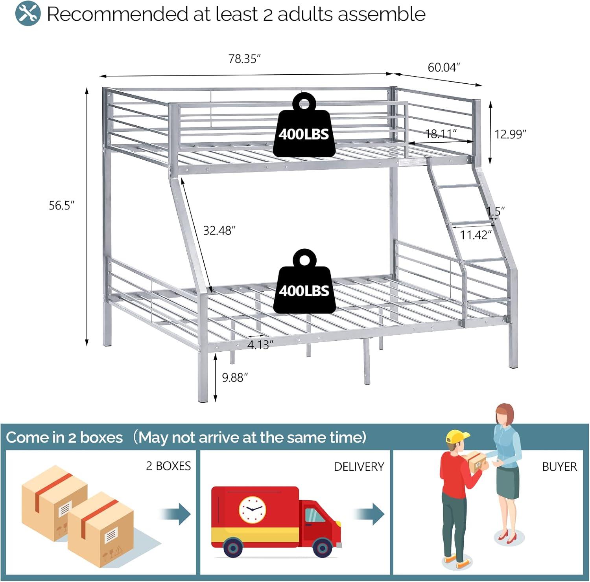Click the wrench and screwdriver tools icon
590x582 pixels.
(x=28, y=13)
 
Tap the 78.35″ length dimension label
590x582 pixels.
(x=245, y=59)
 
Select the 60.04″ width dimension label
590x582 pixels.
(x=444, y=68)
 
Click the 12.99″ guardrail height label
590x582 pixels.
(x=510, y=134)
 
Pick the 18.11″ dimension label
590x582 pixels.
(x=441, y=134)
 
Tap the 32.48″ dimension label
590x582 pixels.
(x=219, y=230)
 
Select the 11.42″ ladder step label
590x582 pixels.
(x=476, y=235)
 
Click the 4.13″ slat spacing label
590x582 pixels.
(x=260, y=345)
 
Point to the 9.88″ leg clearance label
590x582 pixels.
(x=235, y=378)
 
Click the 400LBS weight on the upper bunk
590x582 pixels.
(x=304, y=125)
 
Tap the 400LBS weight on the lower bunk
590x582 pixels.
(x=304, y=281)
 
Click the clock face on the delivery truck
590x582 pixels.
(x=252, y=510)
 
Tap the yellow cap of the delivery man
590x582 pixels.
(x=457, y=436)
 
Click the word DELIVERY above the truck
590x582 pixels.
(x=359, y=466)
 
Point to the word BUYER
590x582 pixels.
(x=559, y=466)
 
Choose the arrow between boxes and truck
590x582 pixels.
(x=175, y=514)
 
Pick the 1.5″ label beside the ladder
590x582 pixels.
(x=496, y=211)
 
